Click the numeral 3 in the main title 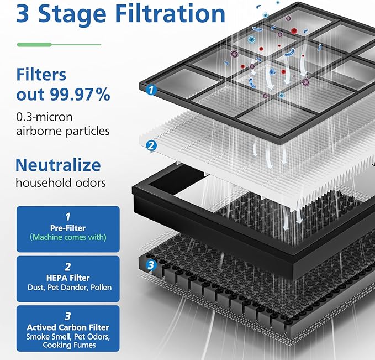coord(23,14)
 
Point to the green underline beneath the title coord(59,44)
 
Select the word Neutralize coord(58,165)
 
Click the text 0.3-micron coord(44,117)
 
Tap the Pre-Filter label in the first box coord(68,227)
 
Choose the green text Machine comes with coord(68,237)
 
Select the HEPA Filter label coord(68,278)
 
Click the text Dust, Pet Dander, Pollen coord(68,287)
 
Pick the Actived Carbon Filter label coord(68,327)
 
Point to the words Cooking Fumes coord(68,345)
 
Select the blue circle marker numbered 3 coord(151,265)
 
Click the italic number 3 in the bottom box coord(68,316)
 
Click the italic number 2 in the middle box coord(68,267)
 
